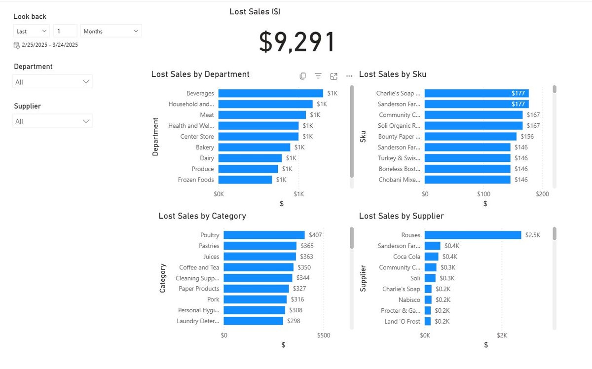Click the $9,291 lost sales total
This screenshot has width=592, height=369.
[x=297, y=42]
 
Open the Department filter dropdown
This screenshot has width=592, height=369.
[x=52, y=82]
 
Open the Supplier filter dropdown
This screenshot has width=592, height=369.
[x=52, y=121]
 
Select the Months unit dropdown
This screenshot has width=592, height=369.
[x=111, y=31]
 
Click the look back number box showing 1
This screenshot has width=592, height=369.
[x=65, y=31]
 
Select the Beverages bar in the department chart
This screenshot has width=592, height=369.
[x=270, y=93]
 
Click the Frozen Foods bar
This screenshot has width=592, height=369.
[x=245, y=180]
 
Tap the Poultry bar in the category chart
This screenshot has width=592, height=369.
[x=264, y=235]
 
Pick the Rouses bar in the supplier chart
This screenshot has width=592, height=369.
[x=473, y=235]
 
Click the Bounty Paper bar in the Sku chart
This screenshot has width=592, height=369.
[x=470, y=136]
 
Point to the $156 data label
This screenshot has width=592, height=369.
[x=527, y=136]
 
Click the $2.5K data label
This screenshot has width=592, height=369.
[x=533, y=235]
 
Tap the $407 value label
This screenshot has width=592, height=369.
[x=316, y=235]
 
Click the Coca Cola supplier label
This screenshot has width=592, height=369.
[x=407, y=257]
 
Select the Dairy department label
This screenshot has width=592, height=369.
[x=207, y=158]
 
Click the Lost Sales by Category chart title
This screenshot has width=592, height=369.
[x=202, y=216]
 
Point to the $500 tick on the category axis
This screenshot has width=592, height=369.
[x=323, y=335]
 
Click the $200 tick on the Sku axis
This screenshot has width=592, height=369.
[x=542, y=194]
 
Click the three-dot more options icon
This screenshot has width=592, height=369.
[x=349, y=76]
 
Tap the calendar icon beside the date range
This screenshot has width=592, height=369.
[x=17, y=45]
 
